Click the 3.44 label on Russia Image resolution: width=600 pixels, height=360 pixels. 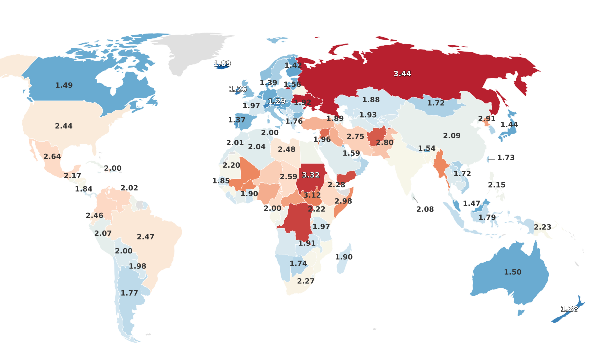402,74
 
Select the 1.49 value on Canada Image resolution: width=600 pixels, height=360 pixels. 64,85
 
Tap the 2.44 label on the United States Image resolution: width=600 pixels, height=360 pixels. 64,126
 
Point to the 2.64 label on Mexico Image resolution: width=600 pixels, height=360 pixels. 52,157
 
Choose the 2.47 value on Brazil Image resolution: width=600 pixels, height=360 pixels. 146,237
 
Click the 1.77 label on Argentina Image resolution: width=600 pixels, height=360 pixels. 129,293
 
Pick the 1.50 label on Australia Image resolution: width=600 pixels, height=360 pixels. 513,272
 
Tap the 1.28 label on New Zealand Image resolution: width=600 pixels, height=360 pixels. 569,309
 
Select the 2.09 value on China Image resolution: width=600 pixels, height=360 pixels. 452,136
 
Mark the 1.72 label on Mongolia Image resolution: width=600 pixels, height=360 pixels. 436,103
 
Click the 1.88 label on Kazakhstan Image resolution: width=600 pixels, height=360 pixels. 371,100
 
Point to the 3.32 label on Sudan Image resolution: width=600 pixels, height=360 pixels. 311,175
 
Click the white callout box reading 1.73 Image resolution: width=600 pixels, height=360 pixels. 506,158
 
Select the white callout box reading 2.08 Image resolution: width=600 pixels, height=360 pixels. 425,209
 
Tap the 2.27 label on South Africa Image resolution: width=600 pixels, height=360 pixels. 306,281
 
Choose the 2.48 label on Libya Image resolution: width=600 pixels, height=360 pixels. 287,149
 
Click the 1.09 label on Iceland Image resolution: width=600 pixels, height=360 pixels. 222,64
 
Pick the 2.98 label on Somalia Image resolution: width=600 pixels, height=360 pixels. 343,201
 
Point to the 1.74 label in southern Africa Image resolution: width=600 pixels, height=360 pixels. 298,264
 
